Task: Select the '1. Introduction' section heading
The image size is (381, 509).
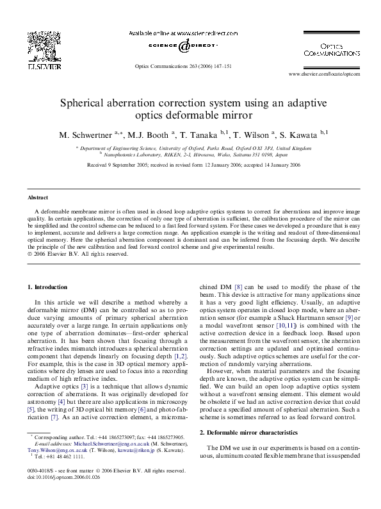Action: (48, 286)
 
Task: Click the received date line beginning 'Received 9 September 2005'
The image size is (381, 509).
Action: (190, 164)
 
